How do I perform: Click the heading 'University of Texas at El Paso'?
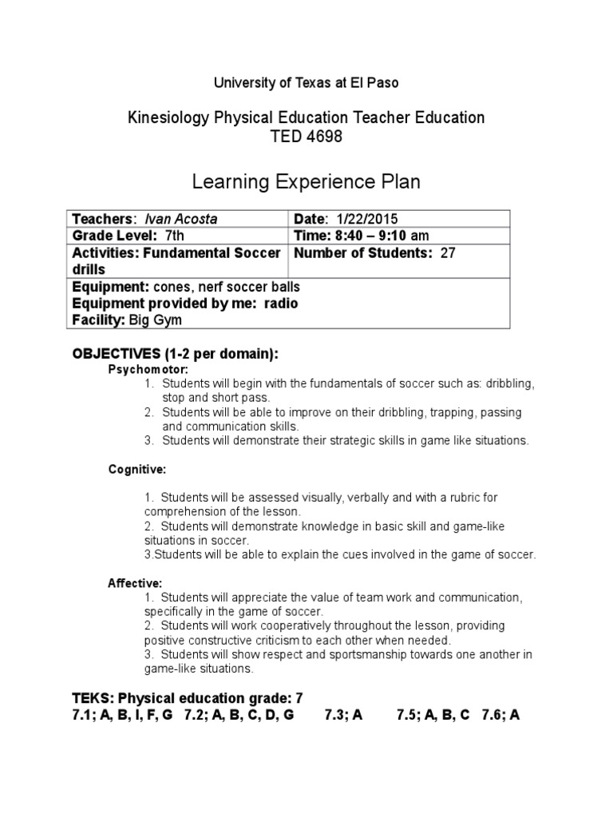306,82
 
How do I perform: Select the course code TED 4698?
306,137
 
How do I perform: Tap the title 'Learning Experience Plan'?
306,183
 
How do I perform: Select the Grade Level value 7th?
173,236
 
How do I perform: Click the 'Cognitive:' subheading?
137,470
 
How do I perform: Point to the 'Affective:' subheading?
135,583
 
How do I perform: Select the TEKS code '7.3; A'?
343,715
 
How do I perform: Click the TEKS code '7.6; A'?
500,715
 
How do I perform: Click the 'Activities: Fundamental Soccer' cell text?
176,253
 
